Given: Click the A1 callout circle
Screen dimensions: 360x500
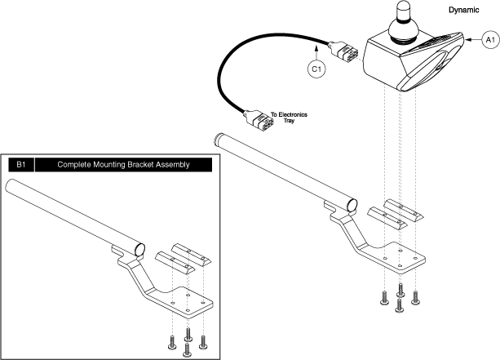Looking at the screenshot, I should coord(487,39).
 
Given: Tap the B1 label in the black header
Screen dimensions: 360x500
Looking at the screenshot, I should coord(20,164).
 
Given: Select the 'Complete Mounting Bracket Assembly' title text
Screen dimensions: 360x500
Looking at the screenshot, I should coord(123,164).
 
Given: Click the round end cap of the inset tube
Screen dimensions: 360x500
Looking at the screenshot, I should coord(139,247).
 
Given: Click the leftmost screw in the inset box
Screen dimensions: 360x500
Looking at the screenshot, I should coord(172,340).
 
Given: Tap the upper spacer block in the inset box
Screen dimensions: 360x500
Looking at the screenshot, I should coord(187,249).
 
